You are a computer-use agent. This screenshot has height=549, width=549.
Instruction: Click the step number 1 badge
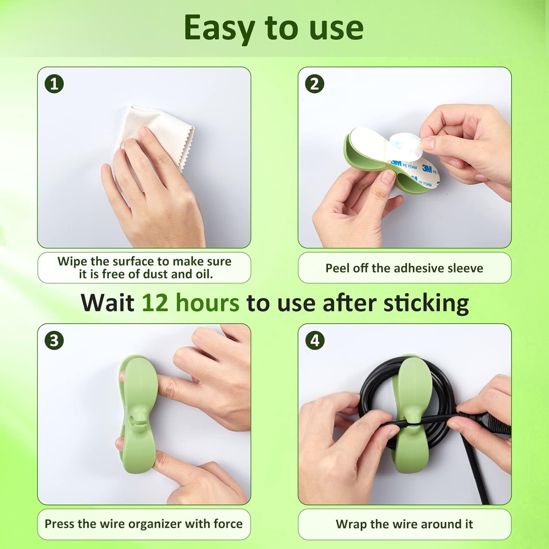[x=54, y=84]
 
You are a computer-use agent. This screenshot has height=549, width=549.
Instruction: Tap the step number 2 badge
[x=315, y=84]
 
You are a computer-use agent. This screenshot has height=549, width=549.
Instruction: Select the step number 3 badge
[x=54, y=341]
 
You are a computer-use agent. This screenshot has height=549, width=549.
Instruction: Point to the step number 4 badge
[x=315, y=341]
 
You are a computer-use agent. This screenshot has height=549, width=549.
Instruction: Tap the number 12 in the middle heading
[x=154, y=303]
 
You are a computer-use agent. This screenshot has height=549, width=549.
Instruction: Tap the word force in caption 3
[x=228, y=524]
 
